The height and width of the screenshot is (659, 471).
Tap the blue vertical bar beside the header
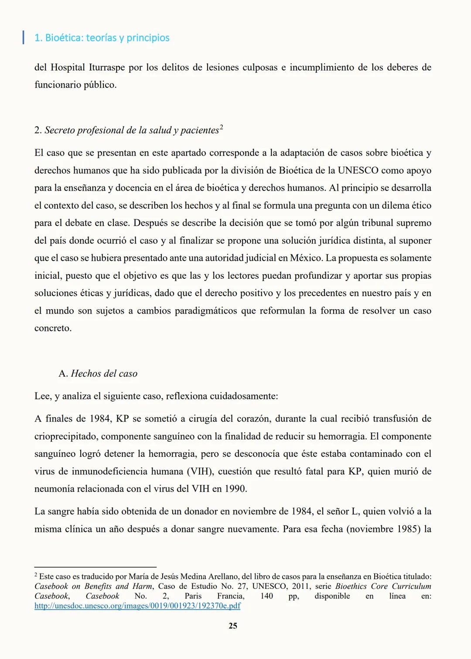[23, 37]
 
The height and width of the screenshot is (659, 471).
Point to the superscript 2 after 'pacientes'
[221, 128]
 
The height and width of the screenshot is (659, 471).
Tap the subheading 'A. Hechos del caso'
[98, 374]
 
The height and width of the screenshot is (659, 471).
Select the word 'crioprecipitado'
[65, 436]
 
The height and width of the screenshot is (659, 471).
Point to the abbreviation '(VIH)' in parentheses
[200, 472]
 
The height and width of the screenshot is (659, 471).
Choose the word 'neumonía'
[54, 489]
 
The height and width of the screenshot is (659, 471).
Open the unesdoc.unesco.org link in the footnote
[137, 606]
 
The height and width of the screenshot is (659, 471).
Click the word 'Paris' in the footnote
[193, 596]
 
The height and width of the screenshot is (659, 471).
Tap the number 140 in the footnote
[266, 596]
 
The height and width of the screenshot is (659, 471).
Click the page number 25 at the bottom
[233, 626]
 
